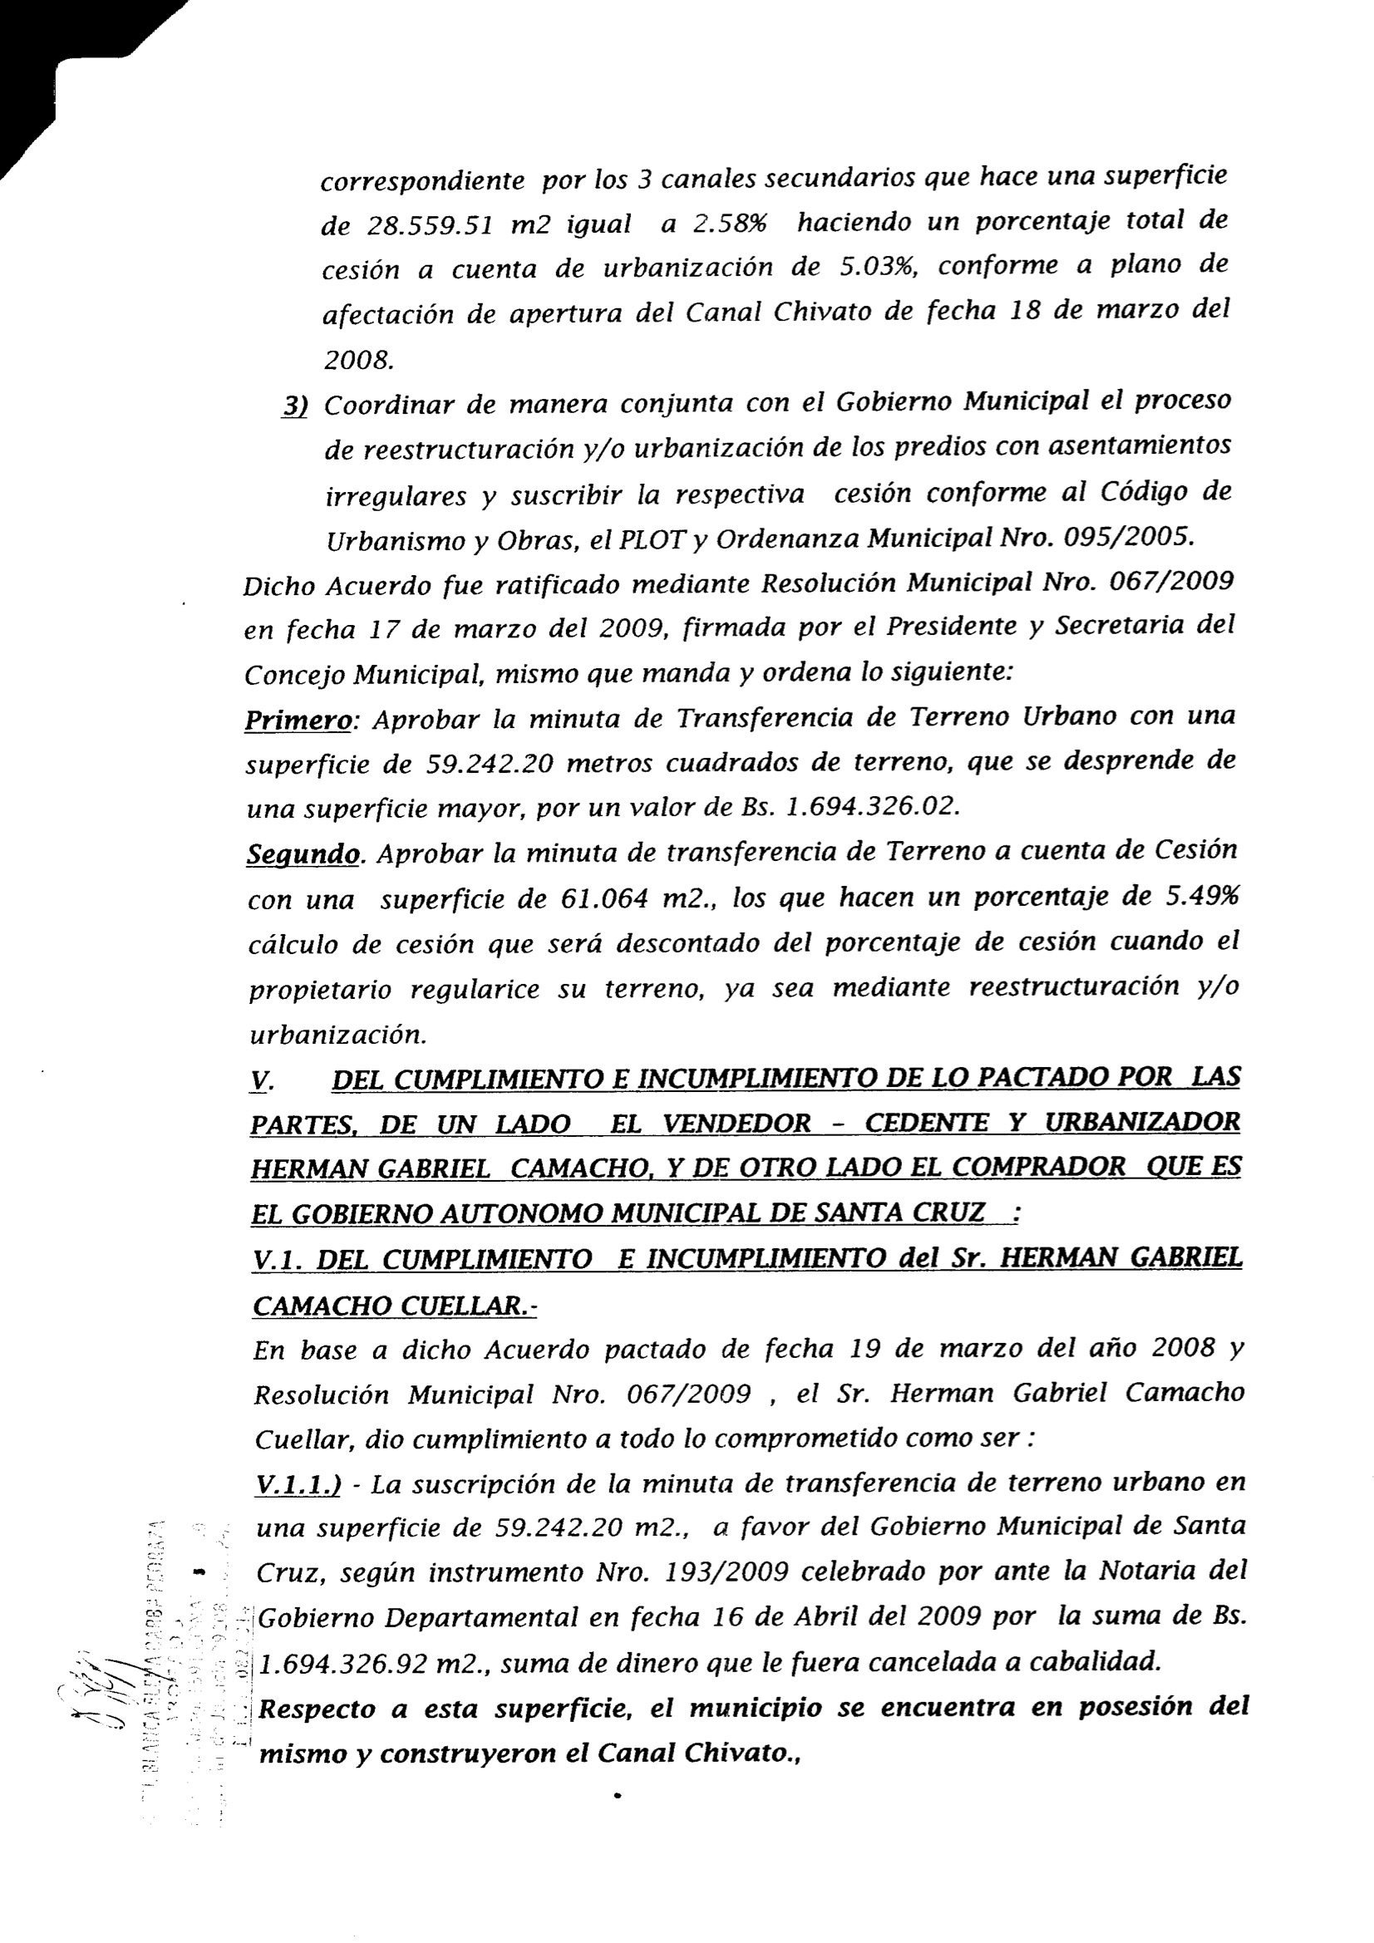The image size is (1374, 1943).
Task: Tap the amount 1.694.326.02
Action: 873,807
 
